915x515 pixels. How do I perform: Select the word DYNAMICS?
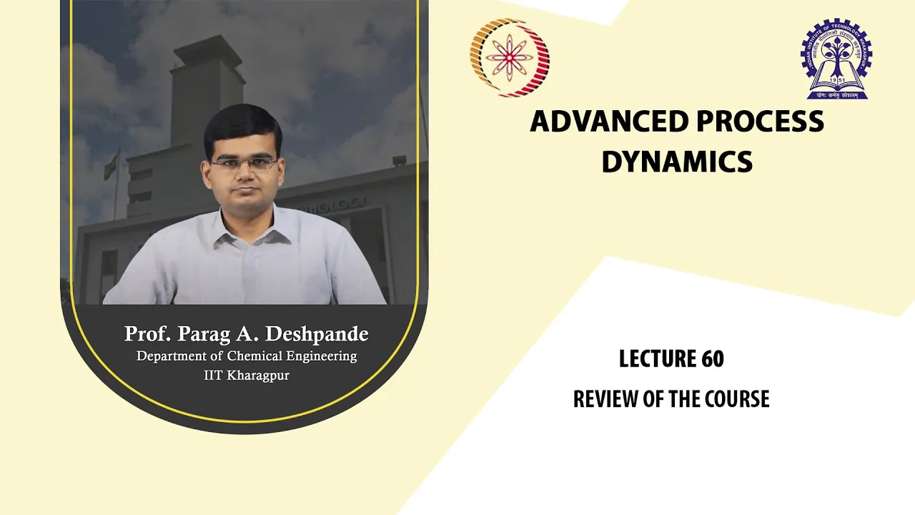(x=677, y=162)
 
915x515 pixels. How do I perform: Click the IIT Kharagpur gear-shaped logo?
(x=836, y=59)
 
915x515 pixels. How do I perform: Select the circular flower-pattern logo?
(x=510, y=57)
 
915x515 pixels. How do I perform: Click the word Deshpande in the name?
(x=317, y=334)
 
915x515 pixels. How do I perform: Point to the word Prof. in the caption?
(x=147, y=333)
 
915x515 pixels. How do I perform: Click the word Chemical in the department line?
(x=254, y=356)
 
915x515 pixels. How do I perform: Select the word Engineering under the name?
(x=322, y=357)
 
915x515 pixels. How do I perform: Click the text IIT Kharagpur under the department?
(x=247, y=376)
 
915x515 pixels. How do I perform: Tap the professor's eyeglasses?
(x=244, y=165)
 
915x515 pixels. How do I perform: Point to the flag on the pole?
(x=111, y=165)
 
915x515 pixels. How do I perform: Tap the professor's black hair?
(x=242, y=127)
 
